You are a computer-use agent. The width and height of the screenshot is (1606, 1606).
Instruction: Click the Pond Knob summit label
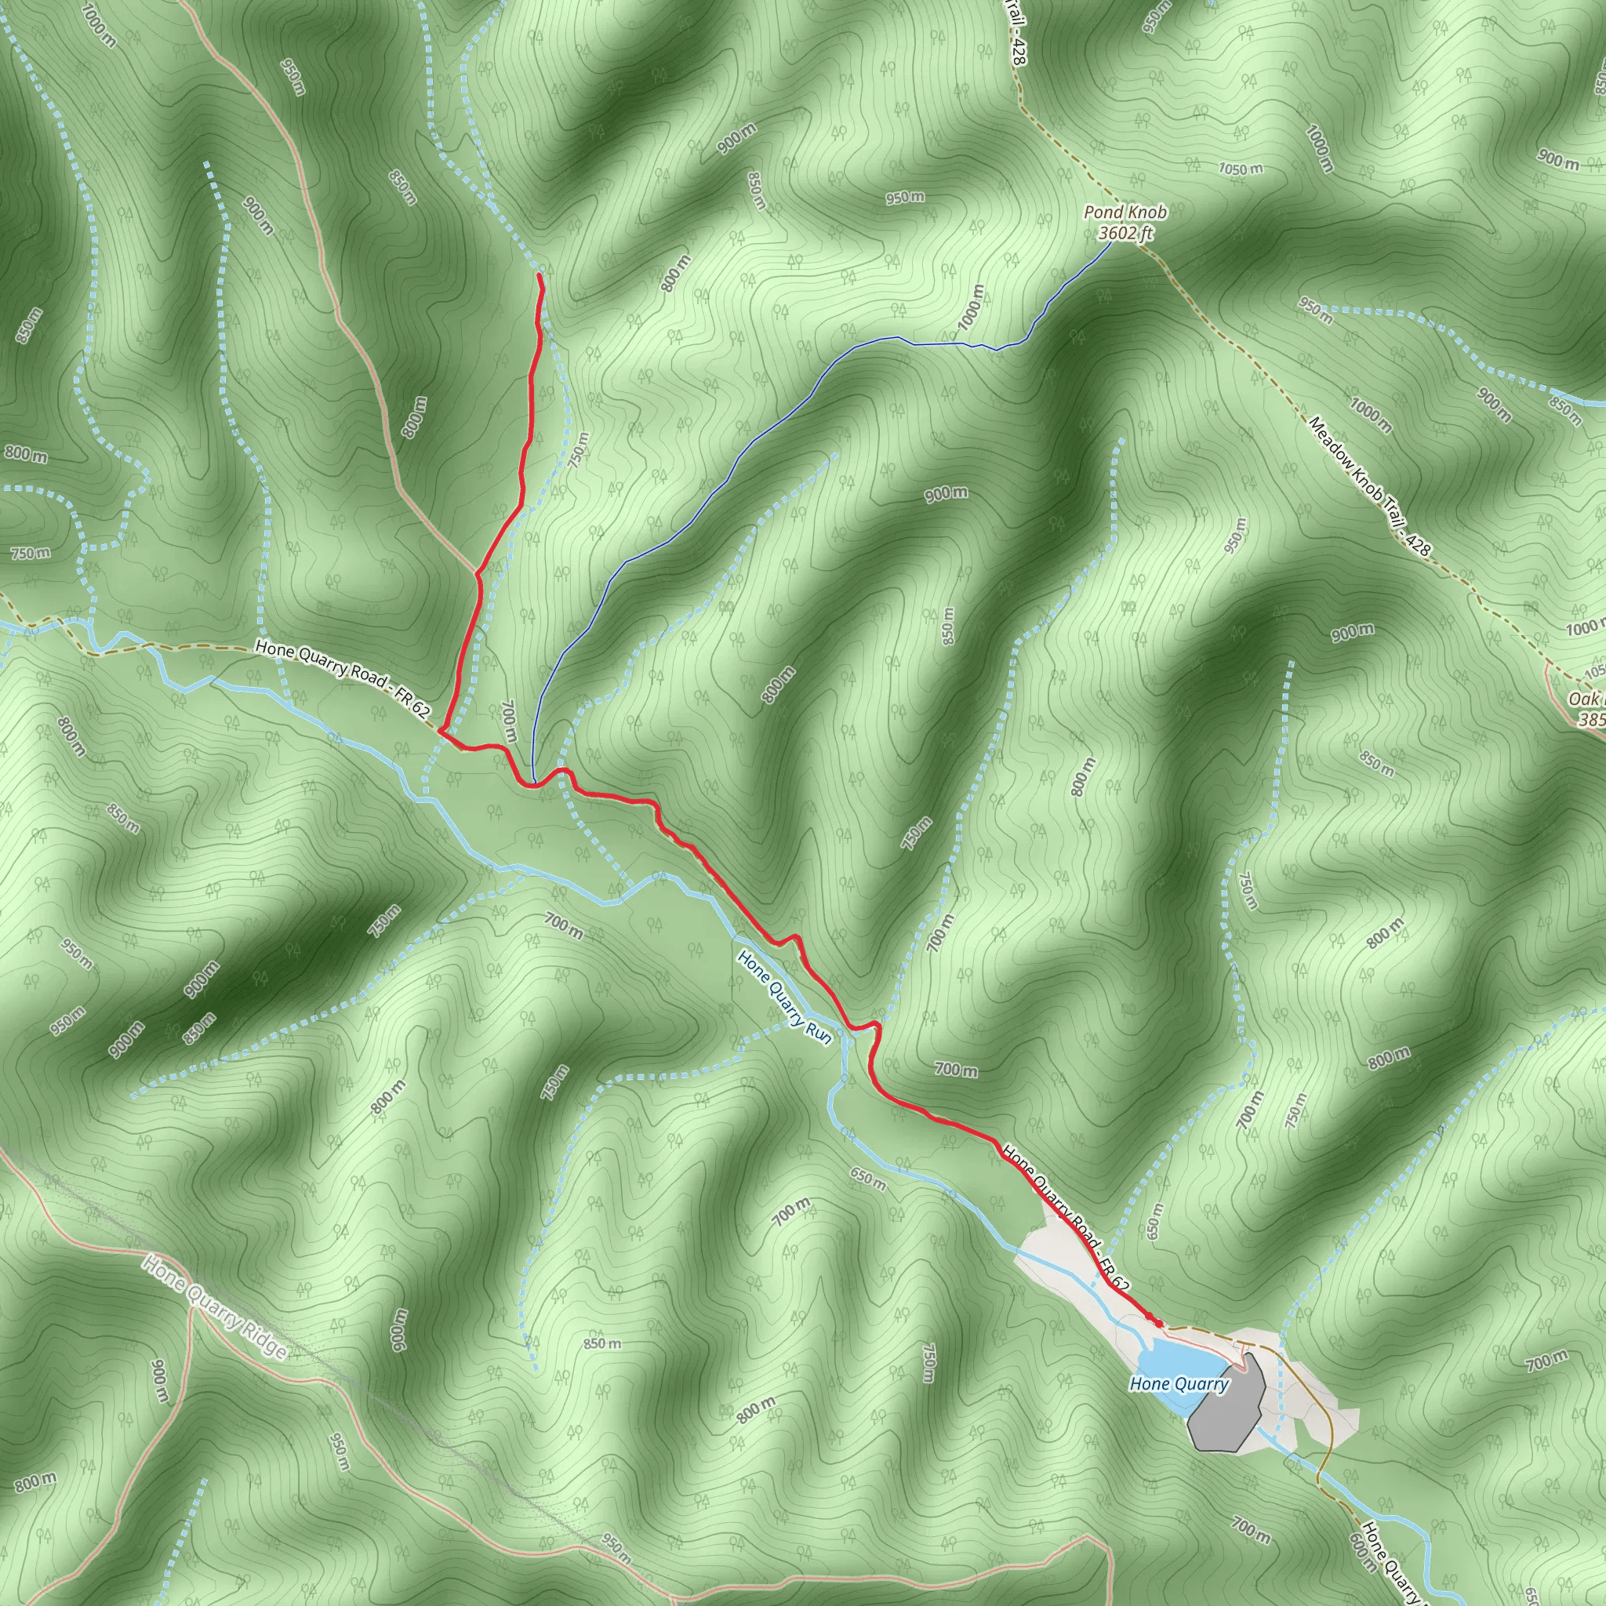click(x=1125, y=213)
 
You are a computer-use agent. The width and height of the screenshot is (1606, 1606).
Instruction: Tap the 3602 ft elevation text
click(x=1125, y=234)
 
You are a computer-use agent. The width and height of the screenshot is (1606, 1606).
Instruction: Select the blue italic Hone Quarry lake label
click(x=1179, y=1384)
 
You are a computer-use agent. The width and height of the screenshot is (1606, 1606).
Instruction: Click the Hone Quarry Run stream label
click(x=784, y=998)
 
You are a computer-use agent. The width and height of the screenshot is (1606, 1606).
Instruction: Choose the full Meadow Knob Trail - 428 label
click(x=1369, y=486)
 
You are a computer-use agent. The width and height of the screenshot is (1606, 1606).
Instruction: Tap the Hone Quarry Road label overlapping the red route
click(x=1066, y=1219)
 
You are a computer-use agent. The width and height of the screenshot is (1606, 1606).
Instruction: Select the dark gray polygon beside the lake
click(x=1227, y=1404)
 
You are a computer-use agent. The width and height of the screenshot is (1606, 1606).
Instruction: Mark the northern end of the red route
click(x=540, y=274)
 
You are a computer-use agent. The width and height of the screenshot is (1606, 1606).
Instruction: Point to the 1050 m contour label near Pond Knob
click(x=1241, y=169)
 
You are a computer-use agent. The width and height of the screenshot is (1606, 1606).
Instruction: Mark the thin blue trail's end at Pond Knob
click(x=1112, y=242)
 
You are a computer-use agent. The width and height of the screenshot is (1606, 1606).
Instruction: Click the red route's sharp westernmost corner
click(x=439, y=732)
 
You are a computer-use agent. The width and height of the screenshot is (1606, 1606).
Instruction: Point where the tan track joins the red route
click(x=477, y=572)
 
